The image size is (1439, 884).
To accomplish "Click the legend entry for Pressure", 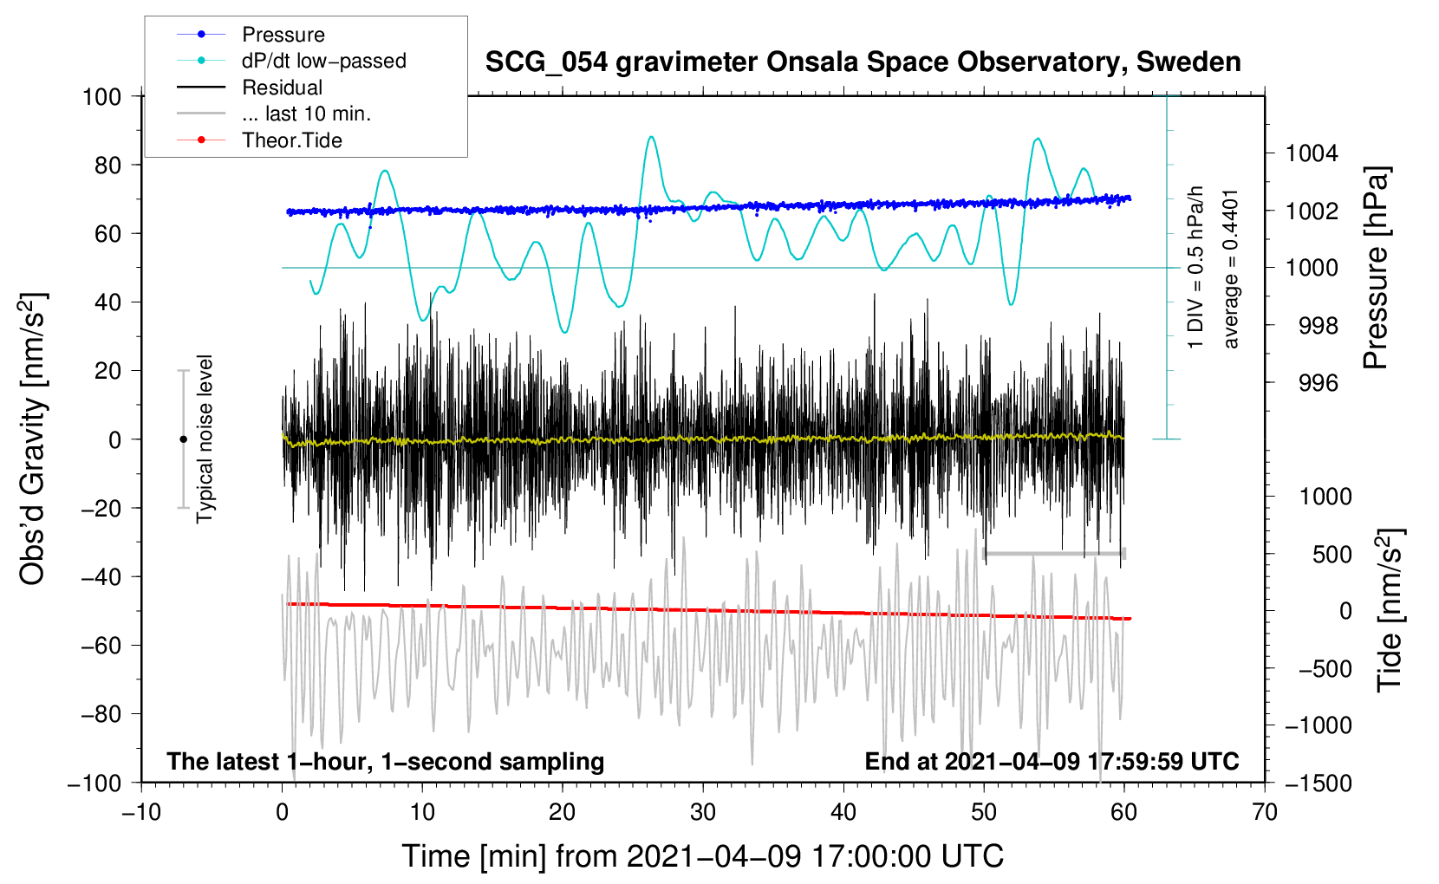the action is [x=283, y=34].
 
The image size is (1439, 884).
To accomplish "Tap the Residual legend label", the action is [x=282, y=88].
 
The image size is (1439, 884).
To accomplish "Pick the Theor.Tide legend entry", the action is [x=291, y=140].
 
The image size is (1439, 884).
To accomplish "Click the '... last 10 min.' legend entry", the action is [x=306, y=114].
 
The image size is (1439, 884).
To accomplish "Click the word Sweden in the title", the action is [x=1188, y=62].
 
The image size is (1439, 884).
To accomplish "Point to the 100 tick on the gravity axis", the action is [x=101, y=97].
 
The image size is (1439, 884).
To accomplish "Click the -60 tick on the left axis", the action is [x=101, y=646].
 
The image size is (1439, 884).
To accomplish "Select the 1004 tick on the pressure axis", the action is [x=1312, y=153].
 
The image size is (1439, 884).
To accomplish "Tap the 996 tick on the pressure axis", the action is [x=1319, y=384].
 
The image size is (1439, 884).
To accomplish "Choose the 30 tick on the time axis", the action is [x=703, y=813].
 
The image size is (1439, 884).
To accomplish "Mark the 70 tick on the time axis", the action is [x=1264, y=813].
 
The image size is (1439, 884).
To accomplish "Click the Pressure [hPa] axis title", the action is [x=1376, y=268].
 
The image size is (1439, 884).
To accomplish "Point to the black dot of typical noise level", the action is [x=183, y=439].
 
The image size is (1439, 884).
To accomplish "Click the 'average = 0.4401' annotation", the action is [x=1229, y=270].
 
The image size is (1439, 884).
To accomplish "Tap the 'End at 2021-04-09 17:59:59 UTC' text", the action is [x=1052, y=761].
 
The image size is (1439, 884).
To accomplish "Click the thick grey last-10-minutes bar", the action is [x=1054, y=553].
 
